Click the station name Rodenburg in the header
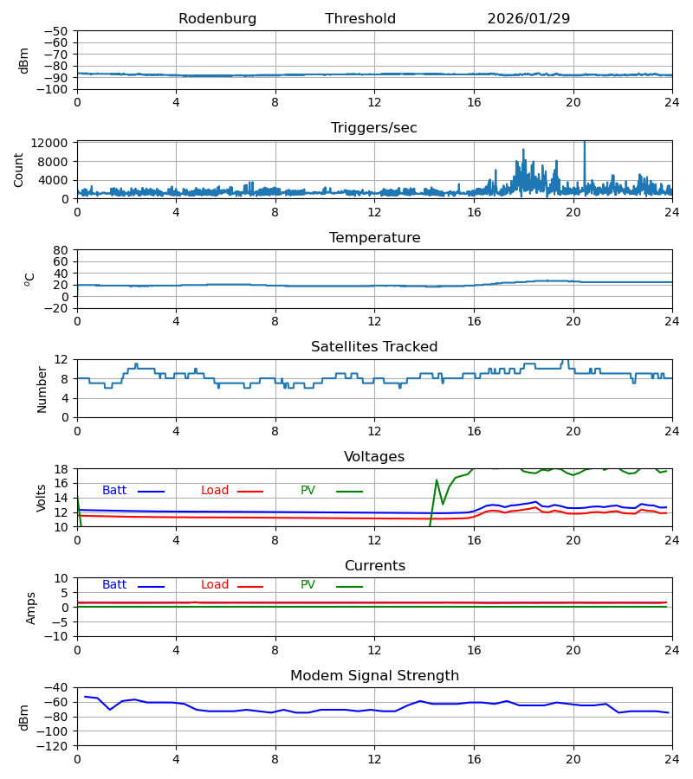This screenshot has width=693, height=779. coord(217,19)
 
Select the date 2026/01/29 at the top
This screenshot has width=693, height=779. coord(528,19)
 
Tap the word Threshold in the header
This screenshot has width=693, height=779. coord(360,19)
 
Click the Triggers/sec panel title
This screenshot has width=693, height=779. coord(374,128)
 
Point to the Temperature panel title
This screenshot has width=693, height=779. coord(374,238)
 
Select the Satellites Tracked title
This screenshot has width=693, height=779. coord(374,347)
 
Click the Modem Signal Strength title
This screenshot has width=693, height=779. coord(374,676)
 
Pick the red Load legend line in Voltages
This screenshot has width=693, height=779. coord(250,492)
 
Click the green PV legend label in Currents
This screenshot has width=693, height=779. coord(308,585)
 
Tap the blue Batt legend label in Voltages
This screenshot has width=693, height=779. coord(114,491)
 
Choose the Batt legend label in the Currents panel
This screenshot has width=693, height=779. coord(114,585)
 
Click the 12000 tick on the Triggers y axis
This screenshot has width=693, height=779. coord(55,143)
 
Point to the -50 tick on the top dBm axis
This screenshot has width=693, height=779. coord(57,31)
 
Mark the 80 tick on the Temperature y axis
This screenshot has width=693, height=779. coord(62,250)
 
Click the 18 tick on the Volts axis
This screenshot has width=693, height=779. coord(62,469)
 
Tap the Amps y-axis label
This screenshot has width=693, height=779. coord(31,608)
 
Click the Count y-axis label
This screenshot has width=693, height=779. coord(19,170)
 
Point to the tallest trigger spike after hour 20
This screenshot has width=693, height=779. coord(584,144)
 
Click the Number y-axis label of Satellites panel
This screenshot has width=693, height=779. coord(42,389)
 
